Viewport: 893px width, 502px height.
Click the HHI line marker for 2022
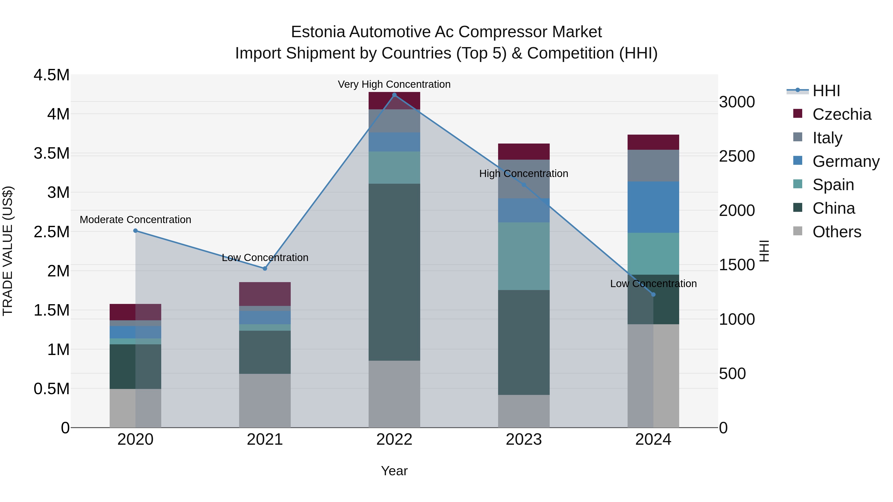pos(394,95)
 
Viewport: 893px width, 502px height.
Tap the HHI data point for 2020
pos(135,231)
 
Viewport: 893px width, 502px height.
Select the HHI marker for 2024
pos(653,295)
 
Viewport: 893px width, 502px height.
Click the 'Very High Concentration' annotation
pos(394,85)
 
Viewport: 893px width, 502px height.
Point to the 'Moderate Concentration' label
pos(135,220)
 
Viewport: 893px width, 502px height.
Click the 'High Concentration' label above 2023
pos(523,174)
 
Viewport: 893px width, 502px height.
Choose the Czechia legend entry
pos(841,114)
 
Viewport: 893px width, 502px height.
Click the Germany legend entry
pos(846,161)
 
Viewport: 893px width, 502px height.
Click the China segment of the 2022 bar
pos(394,272)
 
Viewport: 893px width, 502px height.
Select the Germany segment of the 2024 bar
pos(653,207)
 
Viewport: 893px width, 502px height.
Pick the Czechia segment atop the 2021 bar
pos(265,294)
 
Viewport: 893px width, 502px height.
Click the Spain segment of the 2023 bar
pos(523,256)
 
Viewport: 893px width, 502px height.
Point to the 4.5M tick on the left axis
pos(51,75)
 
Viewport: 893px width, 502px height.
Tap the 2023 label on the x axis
pos(523,440)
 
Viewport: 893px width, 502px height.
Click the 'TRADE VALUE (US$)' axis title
pos(8,251)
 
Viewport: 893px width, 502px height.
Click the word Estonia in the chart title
pos(318,32)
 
